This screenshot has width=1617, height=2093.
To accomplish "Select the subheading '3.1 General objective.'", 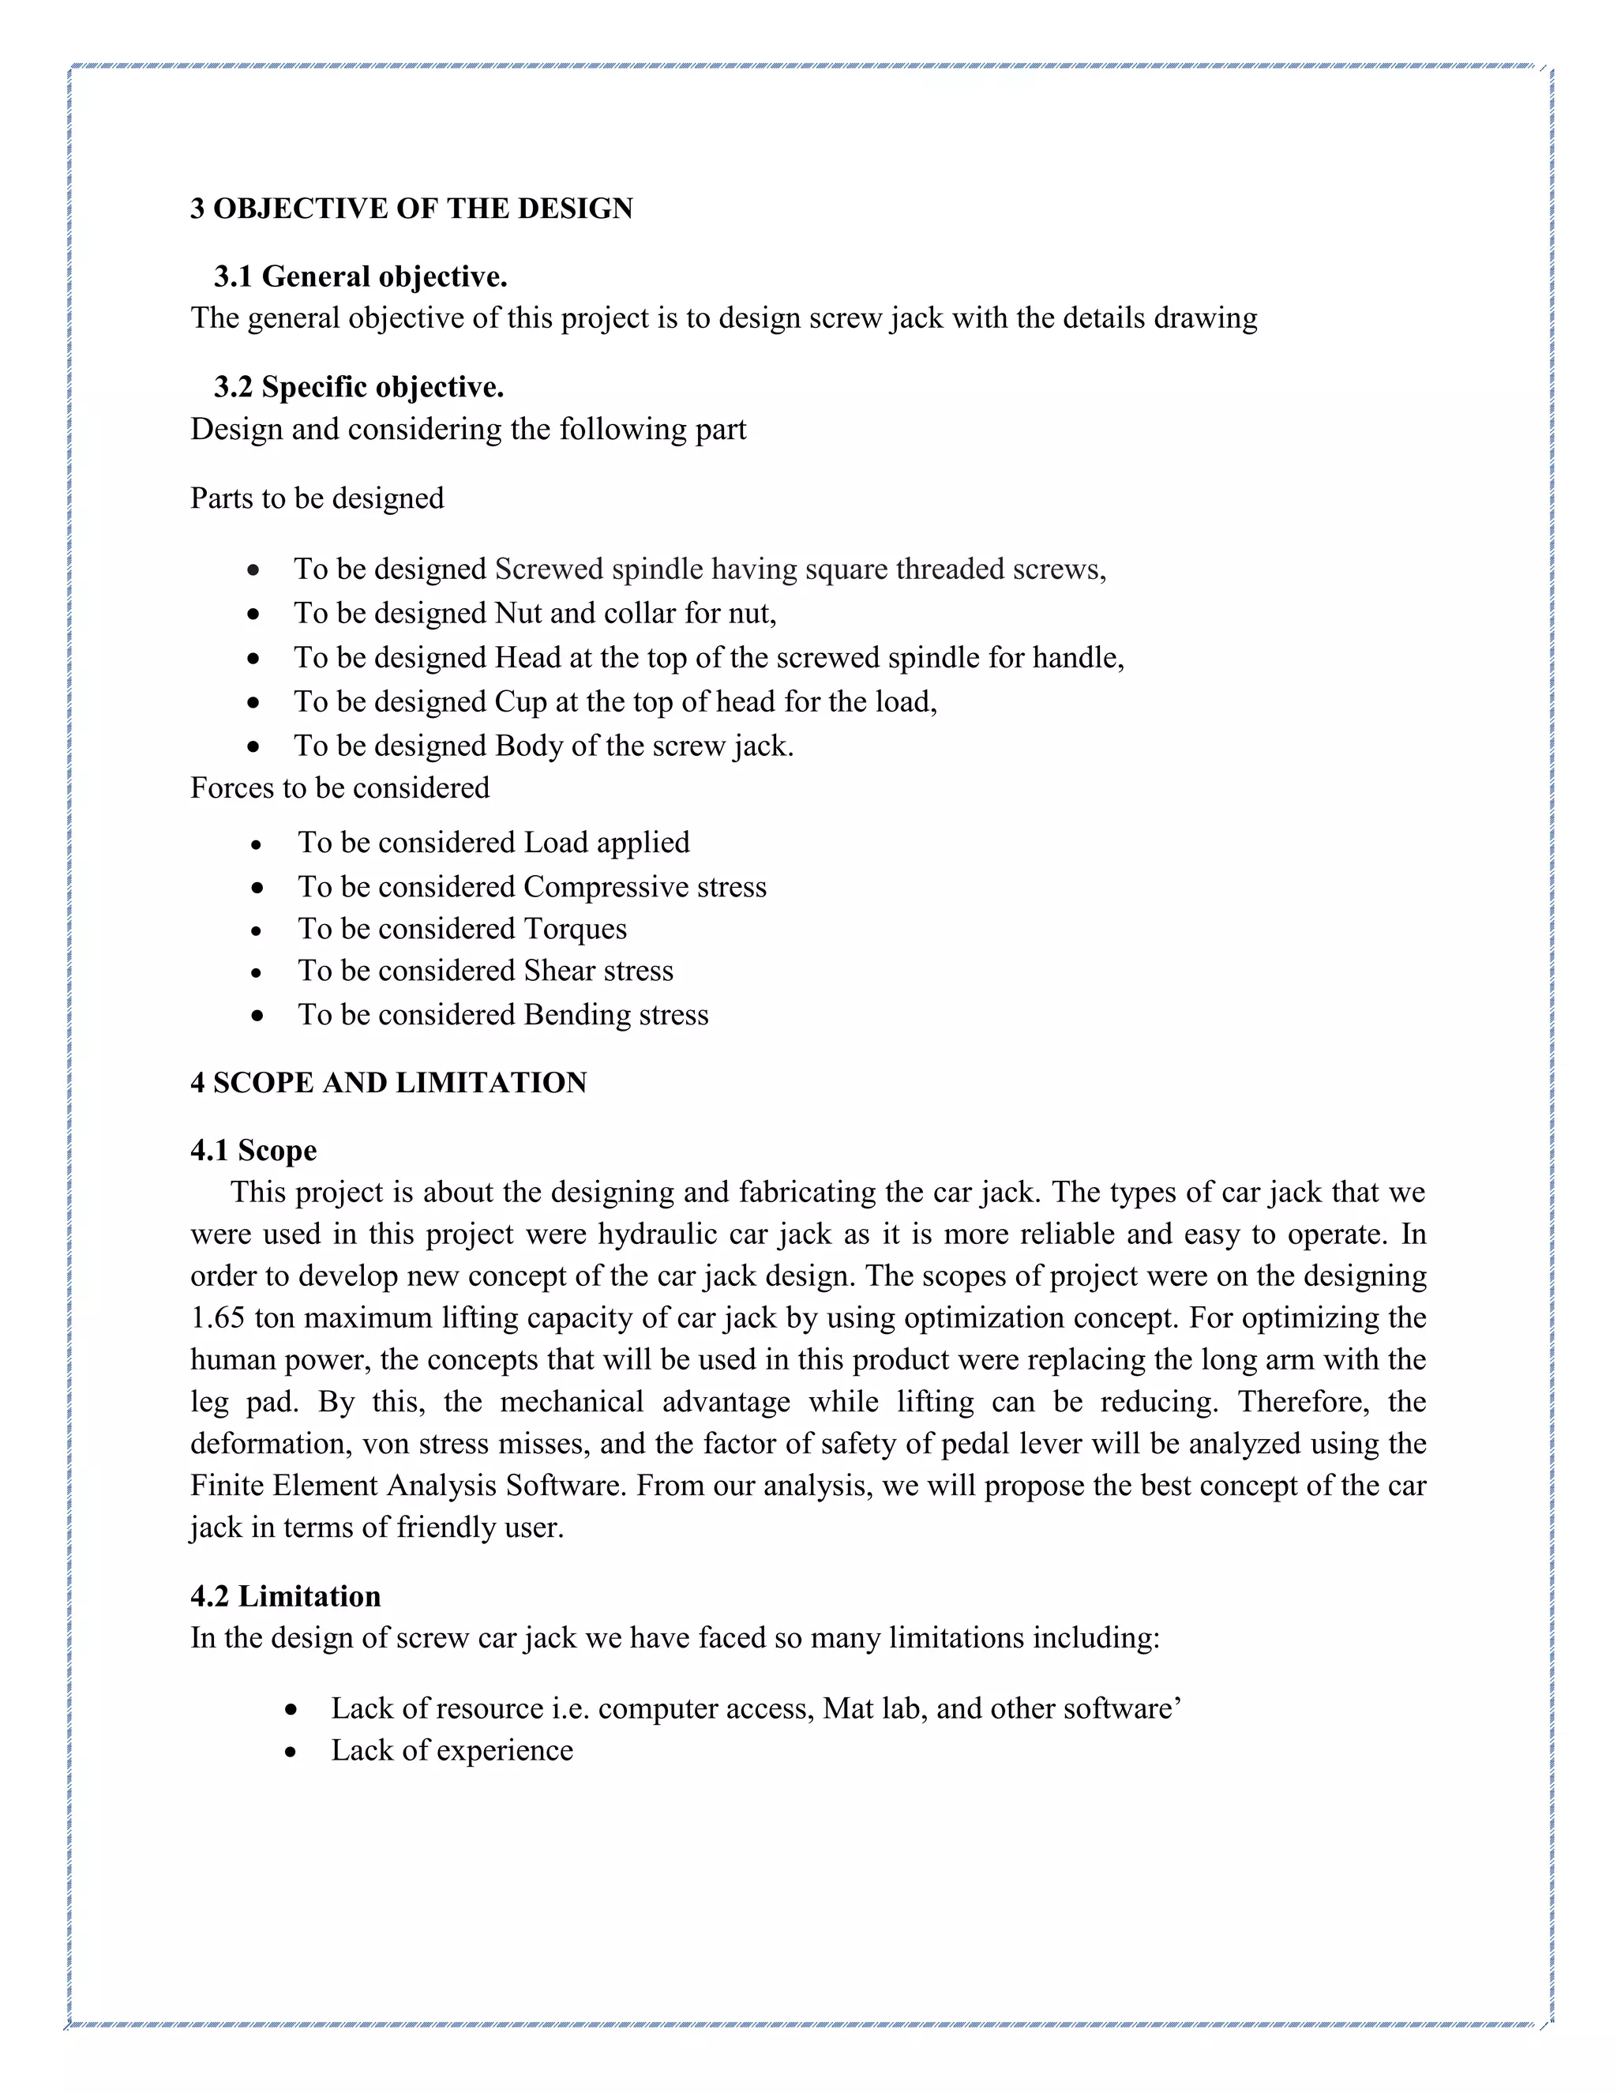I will [359, 277].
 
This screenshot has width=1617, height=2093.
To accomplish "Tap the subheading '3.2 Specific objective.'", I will [358, 387].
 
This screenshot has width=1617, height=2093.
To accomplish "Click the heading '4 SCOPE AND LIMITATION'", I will [388, 1083].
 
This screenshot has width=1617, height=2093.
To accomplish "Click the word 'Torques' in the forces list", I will [575, 929].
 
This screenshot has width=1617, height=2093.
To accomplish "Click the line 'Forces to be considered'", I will [339, 787].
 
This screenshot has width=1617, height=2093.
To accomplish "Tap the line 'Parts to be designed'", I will [316, 498].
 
